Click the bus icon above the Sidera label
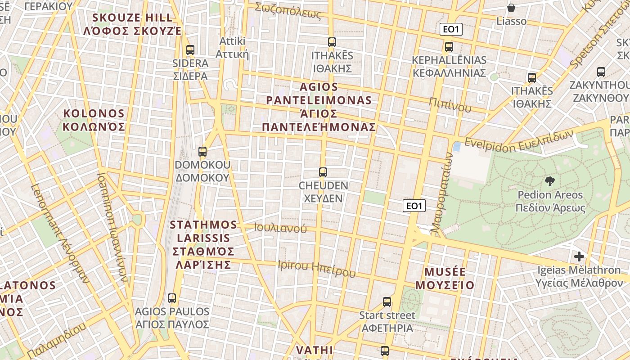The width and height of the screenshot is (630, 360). [190, 50]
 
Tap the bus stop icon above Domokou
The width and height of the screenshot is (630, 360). [202, 152]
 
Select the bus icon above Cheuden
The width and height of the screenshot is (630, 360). [323, 172]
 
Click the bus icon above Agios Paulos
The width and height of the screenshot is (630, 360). [172, 298]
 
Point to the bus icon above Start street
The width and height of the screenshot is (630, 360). [387, 302]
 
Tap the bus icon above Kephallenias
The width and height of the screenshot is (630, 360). [449, 46]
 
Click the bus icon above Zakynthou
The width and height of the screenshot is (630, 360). [601, 72]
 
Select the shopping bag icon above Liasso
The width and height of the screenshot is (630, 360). [511, 8]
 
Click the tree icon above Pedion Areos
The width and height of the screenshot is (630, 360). [549, 181]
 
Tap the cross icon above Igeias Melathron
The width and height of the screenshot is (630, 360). [579, 256]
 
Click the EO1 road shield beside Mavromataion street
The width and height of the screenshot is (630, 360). [414, 206]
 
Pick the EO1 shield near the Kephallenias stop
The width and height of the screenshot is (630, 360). [451, 30]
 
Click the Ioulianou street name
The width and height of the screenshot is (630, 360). [280, 228]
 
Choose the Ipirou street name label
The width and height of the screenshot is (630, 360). [317, 269]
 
